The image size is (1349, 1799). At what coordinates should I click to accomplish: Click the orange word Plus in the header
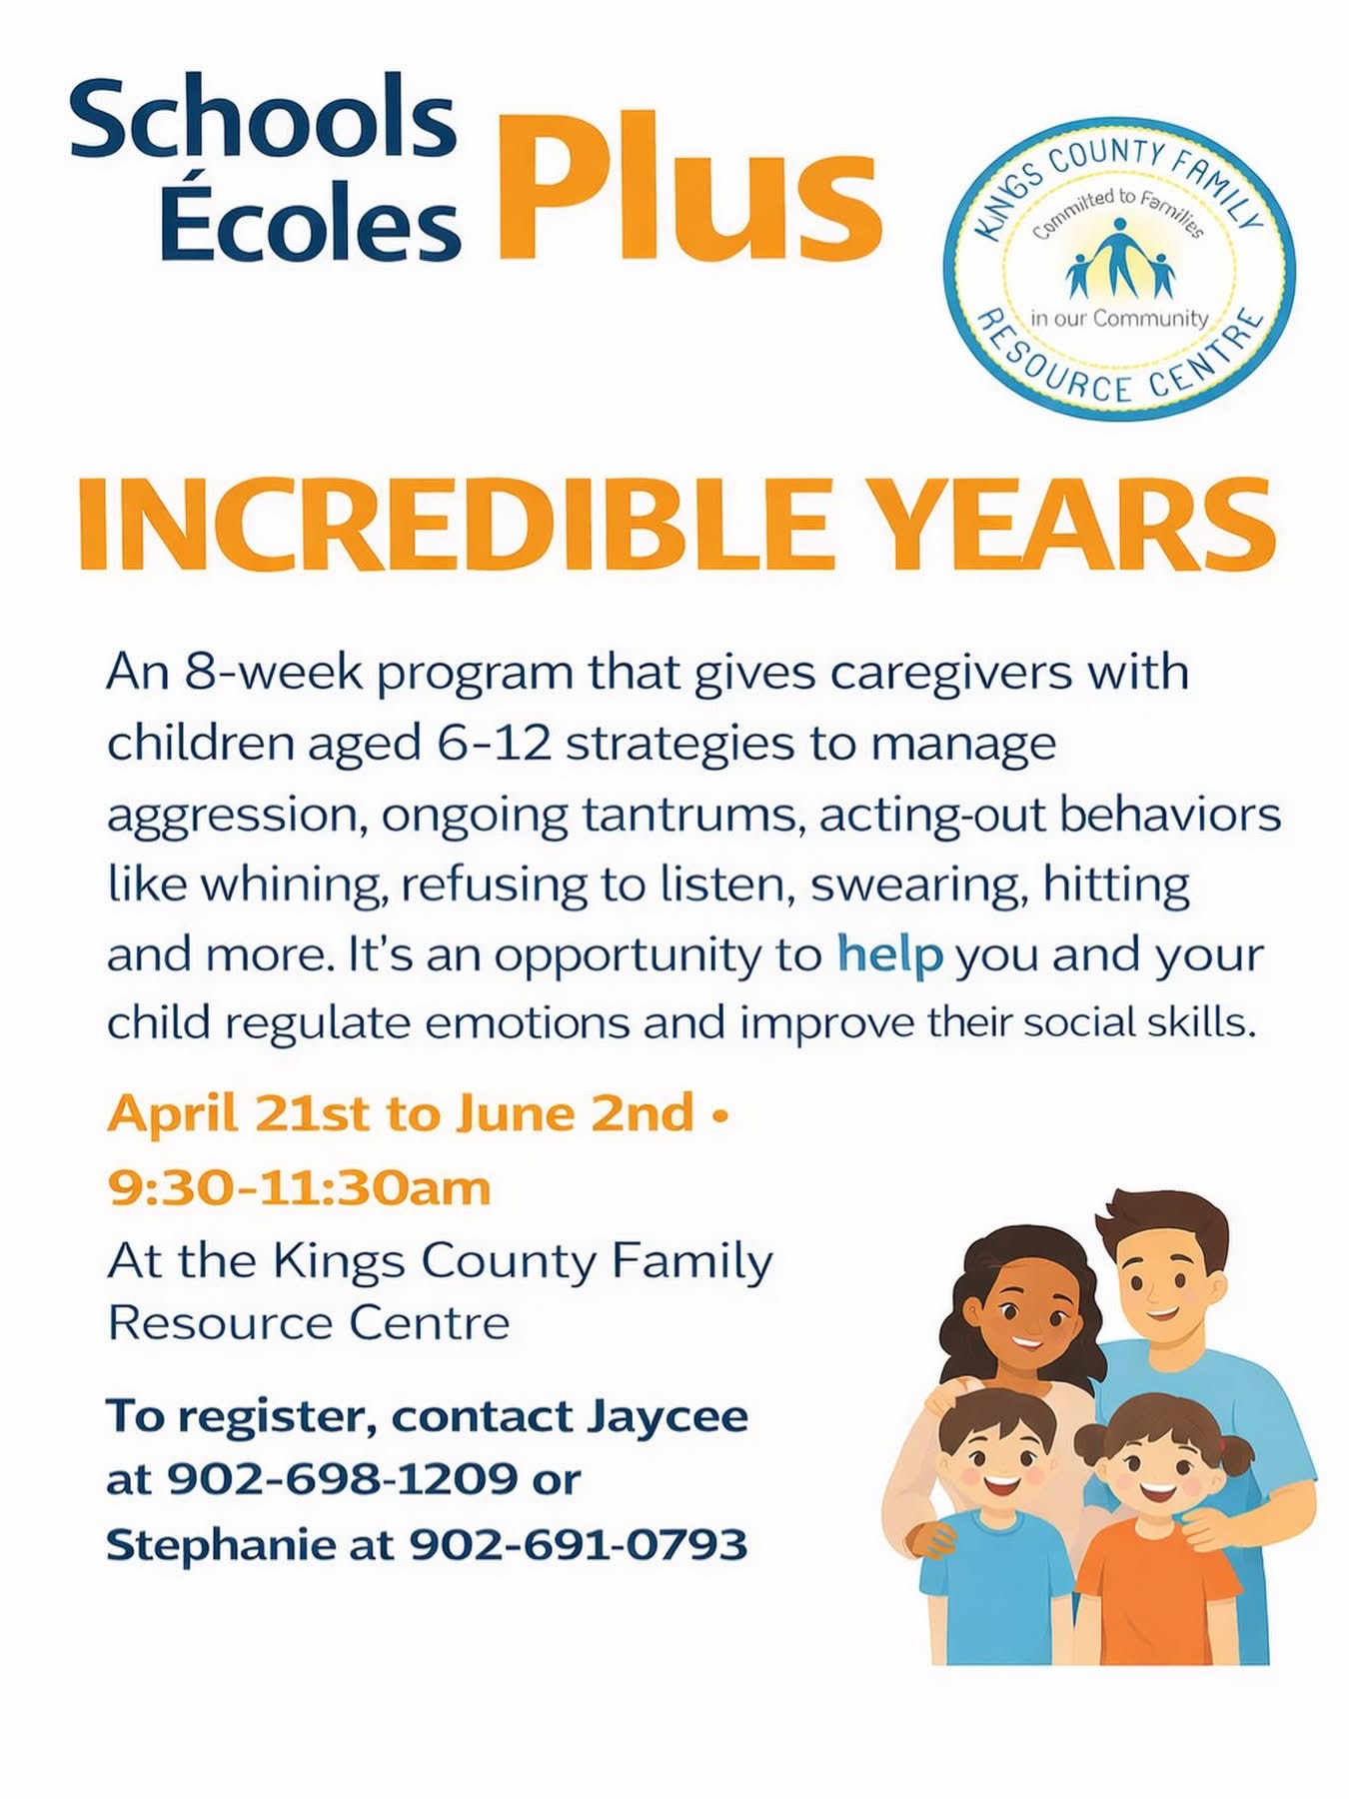[689, 184]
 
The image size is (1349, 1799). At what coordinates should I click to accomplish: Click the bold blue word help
[889, 955]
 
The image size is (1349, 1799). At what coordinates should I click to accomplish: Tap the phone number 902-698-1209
[342, 1478]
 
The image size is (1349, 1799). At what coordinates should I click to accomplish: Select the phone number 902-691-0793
[579, 1544]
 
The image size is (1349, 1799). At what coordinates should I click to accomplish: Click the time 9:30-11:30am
[300, 1188]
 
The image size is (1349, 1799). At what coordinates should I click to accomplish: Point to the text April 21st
[239, 1113]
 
